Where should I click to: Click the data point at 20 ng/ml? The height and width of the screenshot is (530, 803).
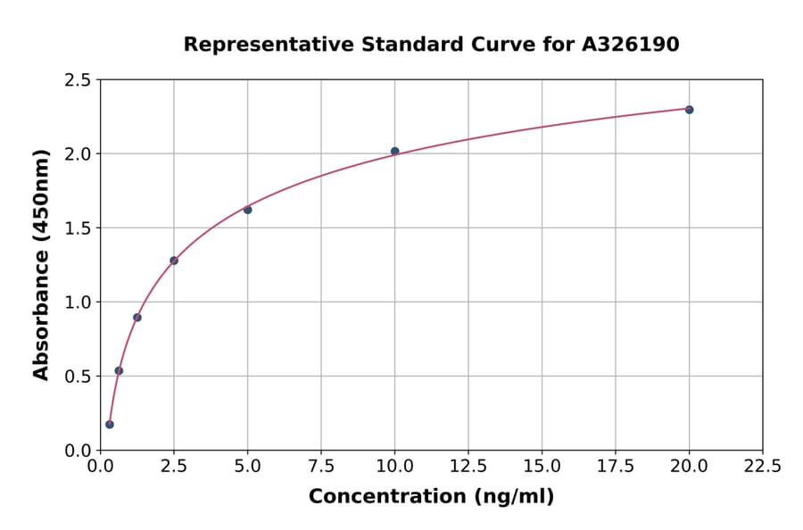(689, 110)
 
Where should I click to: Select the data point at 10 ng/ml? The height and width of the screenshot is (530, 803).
(394, 152)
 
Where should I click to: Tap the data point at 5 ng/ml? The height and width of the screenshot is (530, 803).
(247, 210)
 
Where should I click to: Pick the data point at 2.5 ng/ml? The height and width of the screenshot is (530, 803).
(174, 261)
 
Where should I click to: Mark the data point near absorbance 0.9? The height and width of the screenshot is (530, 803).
(137, 318)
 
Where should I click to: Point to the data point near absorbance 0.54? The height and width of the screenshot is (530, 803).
(119, 370)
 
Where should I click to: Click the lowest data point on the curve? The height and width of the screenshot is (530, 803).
(110, 425)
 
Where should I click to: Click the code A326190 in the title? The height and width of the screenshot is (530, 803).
(631, 44)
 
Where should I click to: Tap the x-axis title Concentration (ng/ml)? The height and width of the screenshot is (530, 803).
(431, 497)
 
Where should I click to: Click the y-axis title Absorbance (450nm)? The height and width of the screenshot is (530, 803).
(41, 264)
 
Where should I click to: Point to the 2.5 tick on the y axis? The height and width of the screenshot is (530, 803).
(79, 80)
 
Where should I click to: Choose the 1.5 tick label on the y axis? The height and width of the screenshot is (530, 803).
(79, 228)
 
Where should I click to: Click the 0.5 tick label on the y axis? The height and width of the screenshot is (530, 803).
(79, 377)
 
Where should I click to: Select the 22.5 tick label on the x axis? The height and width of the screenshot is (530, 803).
(762, 466)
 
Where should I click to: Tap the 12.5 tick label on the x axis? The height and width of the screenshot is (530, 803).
(468, 466)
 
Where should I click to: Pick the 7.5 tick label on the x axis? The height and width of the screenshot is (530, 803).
(321, 466)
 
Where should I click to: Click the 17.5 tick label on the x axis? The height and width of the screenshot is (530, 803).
(616, 466)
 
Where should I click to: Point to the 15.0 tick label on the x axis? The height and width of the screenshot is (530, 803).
(542, 466)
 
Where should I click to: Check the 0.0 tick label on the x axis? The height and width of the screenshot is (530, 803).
(101, 466)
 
